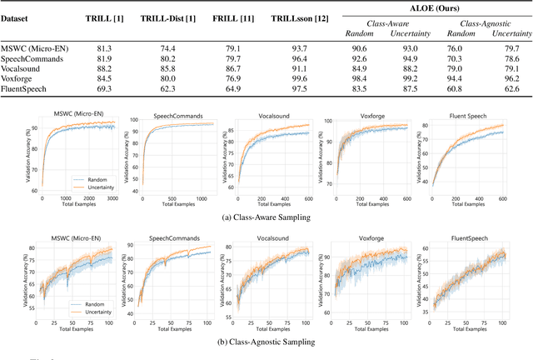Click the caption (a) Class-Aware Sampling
[x=266, y=217]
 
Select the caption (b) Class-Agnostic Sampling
[x=266, y=341]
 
